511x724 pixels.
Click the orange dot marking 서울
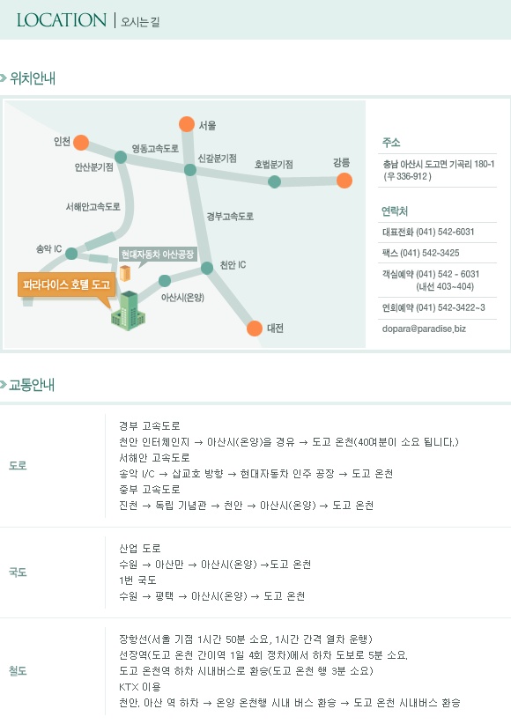pyautogui.click(x=187, y=124)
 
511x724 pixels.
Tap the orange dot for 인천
pyautogui.click(x=81, y=143)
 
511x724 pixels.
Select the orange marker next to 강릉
pyautogui.click(x=344, y=181)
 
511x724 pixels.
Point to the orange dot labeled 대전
pyautogui.click(x=255, y=329)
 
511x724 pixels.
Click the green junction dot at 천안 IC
pyautogui.click(x=207, y=268)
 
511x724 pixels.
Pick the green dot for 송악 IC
pyautogui.click(x=71, y=253)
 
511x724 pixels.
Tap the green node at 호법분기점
pyautogui.click(x=275, y=181)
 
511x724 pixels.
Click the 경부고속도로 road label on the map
pyautogui.click(x=230, y=216)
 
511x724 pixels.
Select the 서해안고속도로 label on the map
pyautogui.click(x=93, y=207)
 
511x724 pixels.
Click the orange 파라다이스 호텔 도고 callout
pyautogui.click(x=67, y=284)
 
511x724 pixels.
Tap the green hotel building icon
pyautogui.click(x=128, y=311)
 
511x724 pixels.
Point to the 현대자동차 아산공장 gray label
pyautogui.click(x=158, y=254)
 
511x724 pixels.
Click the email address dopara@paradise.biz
pyautogui.click(x=424, y=329)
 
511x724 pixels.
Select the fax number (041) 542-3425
pyautogui.click(x=420, y=253)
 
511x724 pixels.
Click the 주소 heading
pyautogui.click(x=391, y=142)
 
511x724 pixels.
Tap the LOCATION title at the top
pyautogui.click(x=62, y=20)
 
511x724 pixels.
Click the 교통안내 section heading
pyautogui.click(x=32, y=385)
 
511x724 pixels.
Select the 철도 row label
pyautogui.click(x=18, y=671)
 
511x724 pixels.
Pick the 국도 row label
pyautogui.click(x=18, y=573)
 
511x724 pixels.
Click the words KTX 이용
pyautogui.click(x=139, y=687)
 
